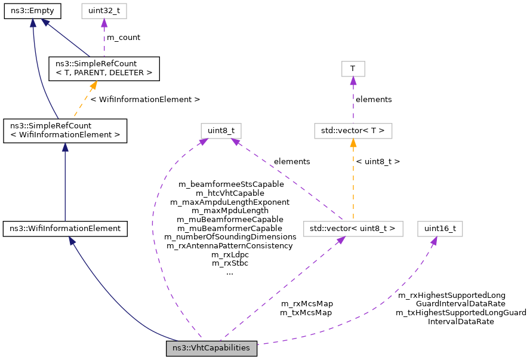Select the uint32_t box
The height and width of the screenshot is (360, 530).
click(x=104, y=11)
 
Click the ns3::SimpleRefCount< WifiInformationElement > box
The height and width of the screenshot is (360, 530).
click(x=65, y=130)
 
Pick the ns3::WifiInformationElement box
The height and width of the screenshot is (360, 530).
click(x=64, y=228)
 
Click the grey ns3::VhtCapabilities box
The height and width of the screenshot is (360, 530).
click(x=211, y=348)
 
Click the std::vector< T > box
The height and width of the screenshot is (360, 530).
click(x=353, y=130)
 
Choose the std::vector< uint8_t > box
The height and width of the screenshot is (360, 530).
click(x=353, y=228)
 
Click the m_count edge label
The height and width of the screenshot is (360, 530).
click(x=124, y=38)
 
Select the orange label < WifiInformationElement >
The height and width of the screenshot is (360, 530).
click(x=145, y=99)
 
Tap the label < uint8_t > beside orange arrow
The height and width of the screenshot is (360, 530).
click(x=378, y=161)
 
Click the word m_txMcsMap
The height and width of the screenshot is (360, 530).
click(x=307, y=312)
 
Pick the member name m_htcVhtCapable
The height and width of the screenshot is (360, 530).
click(x=230, y=193)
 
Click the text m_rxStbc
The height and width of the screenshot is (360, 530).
click(x=230, y=263)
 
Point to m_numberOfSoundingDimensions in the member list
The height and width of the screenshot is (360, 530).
click(x=230, y=236)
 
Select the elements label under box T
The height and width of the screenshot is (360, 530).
click(x=374, y=99)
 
